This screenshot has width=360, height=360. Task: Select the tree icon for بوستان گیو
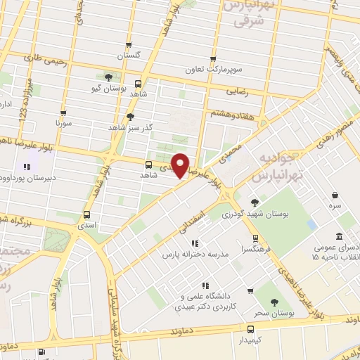click(x=108, y=78)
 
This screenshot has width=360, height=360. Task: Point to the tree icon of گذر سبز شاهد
click(x=130, y=117)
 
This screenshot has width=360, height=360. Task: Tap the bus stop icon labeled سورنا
click(x=63, y=112)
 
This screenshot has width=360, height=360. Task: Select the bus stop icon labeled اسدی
click(x=86, y=214)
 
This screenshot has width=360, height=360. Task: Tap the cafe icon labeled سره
click(x=335, y=195)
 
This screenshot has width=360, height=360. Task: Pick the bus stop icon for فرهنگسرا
click(x=255, y=238)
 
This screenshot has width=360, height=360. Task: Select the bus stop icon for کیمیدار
click(x=250, y=328)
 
